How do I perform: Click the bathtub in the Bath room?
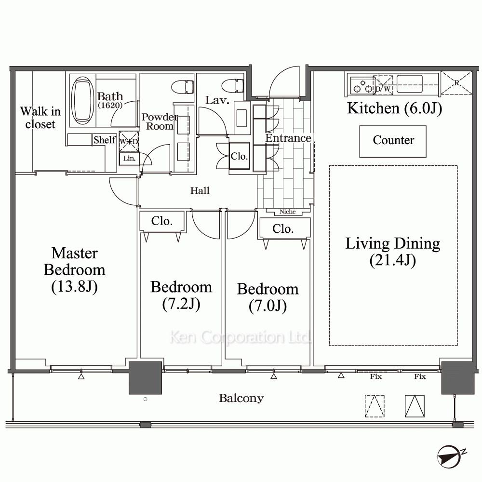tap(82, 100)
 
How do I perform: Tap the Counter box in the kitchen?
tap(392, 141)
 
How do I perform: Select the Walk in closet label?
tap(40, 118)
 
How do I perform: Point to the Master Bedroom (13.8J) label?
tap(74, 270)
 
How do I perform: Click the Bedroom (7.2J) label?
tap(181, 295)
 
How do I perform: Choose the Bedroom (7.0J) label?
tap(268, 297)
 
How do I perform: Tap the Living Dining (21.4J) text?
tap(393, 252)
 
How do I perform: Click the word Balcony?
tap(241, 398)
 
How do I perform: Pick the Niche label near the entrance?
tap(287, 212)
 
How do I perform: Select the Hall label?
tap(200, 190)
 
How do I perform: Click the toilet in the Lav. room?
tap(233, 86)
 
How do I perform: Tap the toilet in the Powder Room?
tap(182, 87)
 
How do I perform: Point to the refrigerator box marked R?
tap(456, 83)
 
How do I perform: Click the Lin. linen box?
tap(129, 159)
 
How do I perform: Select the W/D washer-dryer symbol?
tap(129, 141)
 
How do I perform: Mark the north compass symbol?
tap(450, 456)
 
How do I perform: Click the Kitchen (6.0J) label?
tap(394, 108)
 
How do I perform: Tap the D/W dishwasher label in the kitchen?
tap(383, 89)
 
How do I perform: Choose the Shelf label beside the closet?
tap(105, 140)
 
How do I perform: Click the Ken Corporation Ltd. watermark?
tap(240, 337)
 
